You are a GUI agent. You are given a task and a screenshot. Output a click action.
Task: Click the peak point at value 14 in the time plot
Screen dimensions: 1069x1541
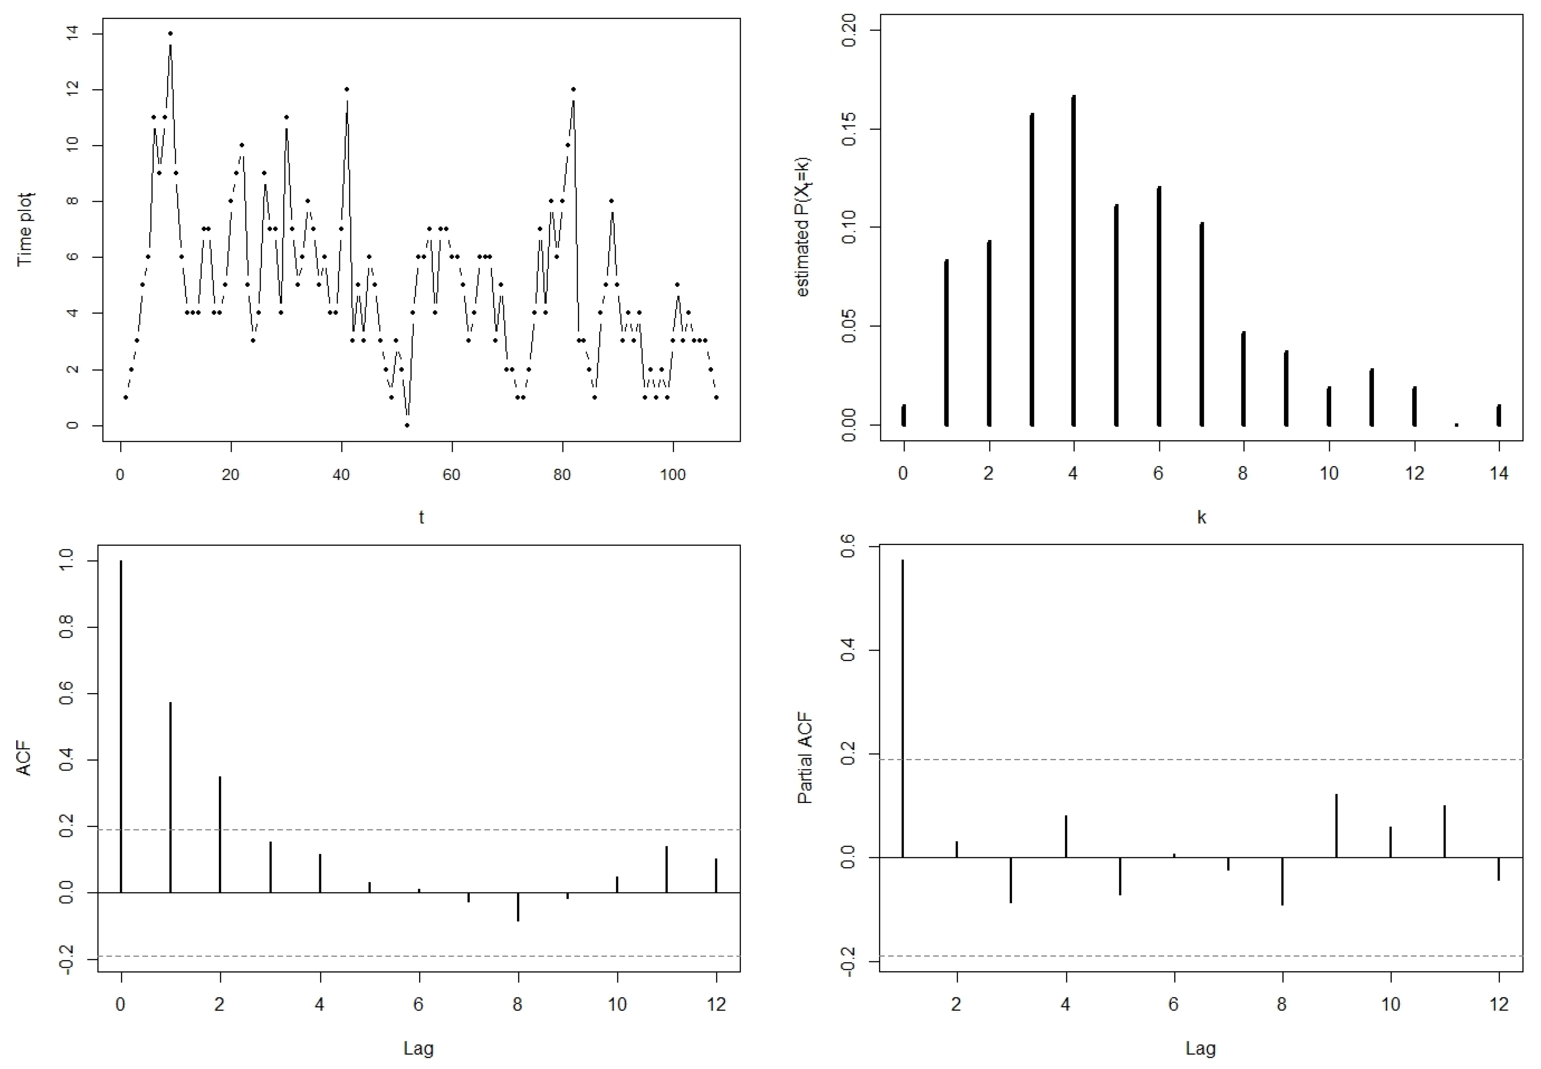(170, 34)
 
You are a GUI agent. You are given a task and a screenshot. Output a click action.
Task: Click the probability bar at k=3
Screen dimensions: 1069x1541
(1032, 270)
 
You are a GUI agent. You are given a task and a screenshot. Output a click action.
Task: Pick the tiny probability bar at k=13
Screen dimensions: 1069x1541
(1456, 424)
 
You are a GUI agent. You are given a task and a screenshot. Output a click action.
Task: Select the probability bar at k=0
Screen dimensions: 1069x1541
(904, 416)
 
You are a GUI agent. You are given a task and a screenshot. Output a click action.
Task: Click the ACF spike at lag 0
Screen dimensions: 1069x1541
(121, 727)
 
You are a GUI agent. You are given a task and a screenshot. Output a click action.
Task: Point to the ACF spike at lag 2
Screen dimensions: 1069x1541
(220, 834)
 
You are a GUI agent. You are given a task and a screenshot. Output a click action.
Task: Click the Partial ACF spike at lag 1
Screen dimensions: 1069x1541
(903, 709)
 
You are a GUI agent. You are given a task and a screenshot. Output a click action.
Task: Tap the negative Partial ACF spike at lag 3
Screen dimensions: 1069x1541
(1010, 880)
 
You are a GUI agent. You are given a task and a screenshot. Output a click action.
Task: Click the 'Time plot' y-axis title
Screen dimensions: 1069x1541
(25, 230)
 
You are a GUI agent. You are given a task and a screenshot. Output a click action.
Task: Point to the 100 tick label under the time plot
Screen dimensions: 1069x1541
(673, 475)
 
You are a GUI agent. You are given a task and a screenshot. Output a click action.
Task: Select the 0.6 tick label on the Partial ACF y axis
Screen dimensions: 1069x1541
(849, 547)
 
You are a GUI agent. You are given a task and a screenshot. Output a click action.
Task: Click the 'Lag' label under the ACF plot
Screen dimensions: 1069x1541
(419, 1048)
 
